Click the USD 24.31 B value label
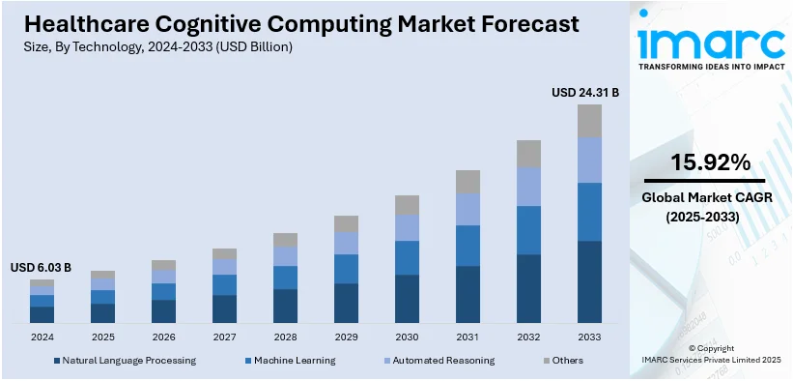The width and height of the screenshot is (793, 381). [584, 93]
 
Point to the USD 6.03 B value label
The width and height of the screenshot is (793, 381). [42, 267]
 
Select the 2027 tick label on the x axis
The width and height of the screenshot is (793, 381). [224, 337]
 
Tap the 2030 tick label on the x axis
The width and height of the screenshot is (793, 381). [407, 337]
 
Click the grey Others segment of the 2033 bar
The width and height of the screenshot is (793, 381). [589, 121]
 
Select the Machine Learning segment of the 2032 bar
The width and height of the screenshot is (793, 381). [528, 230]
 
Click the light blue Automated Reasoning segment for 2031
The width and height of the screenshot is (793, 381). [467, 209]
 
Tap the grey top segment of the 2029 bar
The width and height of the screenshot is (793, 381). [346, 223]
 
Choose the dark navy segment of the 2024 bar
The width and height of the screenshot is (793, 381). [42, 313]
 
